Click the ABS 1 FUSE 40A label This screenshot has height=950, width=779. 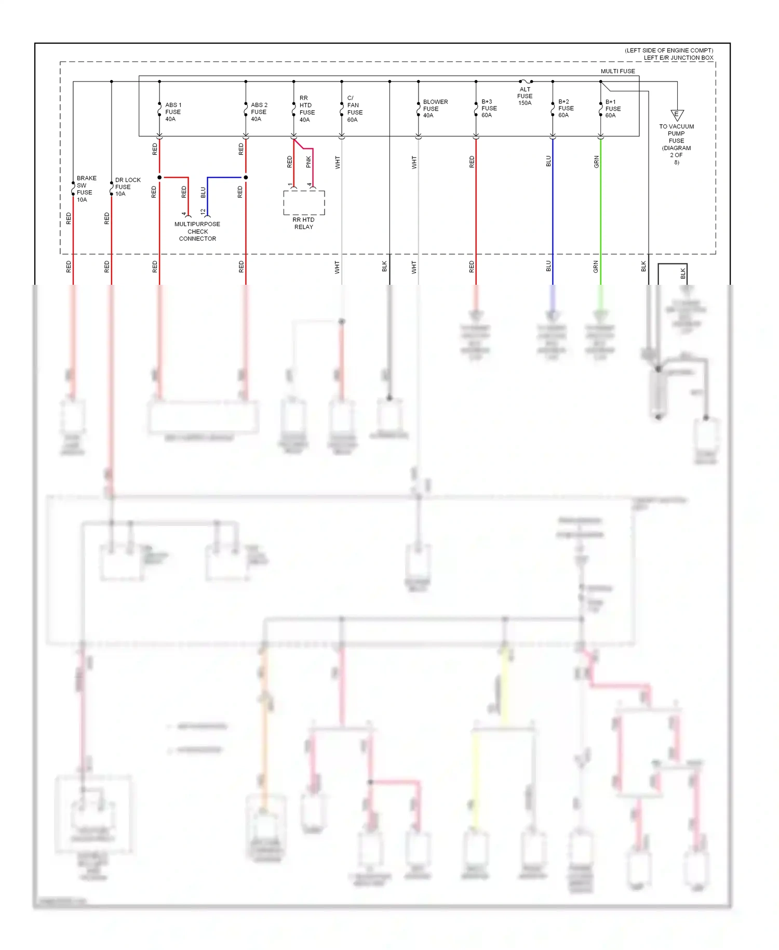tap(173, 112)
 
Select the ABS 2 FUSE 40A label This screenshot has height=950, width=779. tap(259, 112)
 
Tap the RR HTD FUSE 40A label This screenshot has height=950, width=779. tap(306, 109)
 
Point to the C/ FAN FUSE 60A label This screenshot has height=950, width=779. tap(354, 109)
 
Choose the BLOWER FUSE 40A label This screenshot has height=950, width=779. tap(435, 109)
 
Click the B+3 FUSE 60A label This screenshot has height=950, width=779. tap(489, 109)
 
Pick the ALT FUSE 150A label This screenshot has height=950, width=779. tap(525, 96)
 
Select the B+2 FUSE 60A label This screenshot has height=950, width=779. tap(566, 109)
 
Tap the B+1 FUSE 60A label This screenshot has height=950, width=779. tap(612, 109)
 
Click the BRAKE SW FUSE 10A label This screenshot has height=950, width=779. tap(86, 189)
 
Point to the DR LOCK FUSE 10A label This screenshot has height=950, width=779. tap(127, 187)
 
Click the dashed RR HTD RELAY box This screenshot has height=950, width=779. tap(304, 203)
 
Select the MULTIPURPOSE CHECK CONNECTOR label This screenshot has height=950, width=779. tap(197, 232)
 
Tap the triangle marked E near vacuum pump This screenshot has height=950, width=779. tap(677, 115)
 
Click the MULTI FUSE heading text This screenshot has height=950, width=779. tap(617, 71)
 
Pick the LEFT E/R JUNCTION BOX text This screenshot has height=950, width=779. tap(678, 58)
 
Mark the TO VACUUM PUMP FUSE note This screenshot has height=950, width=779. tap(676, 144)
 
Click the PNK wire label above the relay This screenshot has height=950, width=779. tap(308, 162)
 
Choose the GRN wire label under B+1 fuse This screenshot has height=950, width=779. tap(596, 162)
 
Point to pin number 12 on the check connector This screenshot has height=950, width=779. tap(203, 212)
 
